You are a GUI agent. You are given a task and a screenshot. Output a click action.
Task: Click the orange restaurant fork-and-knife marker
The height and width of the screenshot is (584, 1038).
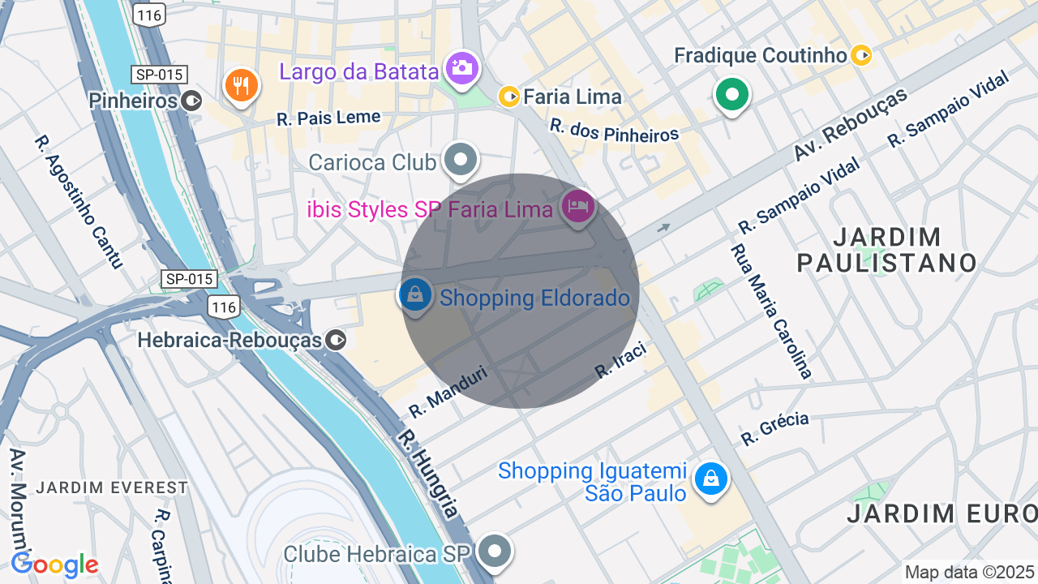click(241, 85)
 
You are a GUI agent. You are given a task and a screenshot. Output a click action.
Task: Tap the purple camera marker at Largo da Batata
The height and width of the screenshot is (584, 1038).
click(462, 68)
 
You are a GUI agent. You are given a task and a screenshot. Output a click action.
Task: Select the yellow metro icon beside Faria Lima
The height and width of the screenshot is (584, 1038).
click(509, 97)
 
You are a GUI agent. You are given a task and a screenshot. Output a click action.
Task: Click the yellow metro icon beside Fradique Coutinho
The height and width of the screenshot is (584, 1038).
click(861, 55)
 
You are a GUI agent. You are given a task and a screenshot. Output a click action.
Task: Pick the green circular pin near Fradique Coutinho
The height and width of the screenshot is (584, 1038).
click(732, 95)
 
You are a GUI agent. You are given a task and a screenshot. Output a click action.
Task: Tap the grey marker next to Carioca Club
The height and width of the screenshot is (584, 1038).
click(461, 160)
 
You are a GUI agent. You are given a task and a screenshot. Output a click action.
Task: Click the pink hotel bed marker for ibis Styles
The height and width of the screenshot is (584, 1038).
click(577, 207)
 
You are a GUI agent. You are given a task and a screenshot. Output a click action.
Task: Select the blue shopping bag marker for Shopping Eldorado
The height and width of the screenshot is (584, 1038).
click(415, 295)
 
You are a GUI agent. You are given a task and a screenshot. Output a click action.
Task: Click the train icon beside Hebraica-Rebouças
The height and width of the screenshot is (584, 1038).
click(336, 340)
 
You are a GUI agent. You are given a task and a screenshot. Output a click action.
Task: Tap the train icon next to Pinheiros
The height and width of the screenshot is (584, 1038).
click(192, 101)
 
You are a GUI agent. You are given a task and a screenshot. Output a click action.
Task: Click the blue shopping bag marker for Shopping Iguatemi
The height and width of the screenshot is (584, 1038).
click(711, 479)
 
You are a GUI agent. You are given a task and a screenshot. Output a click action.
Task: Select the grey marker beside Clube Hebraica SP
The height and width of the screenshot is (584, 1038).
click(494, 552)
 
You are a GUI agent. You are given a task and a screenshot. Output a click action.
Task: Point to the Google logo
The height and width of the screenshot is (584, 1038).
click(55, 565)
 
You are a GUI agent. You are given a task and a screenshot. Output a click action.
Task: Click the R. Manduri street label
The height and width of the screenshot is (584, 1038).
click(448, 391)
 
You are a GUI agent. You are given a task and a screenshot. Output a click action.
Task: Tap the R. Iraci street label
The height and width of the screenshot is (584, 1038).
click(620, 359)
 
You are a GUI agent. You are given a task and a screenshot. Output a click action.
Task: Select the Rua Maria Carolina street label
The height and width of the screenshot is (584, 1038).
click(771, 311)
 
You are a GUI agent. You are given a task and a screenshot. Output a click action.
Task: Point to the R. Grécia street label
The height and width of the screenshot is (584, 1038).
click(774, 429)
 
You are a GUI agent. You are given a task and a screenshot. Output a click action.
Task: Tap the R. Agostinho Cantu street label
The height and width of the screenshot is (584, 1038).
click(78, 201)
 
